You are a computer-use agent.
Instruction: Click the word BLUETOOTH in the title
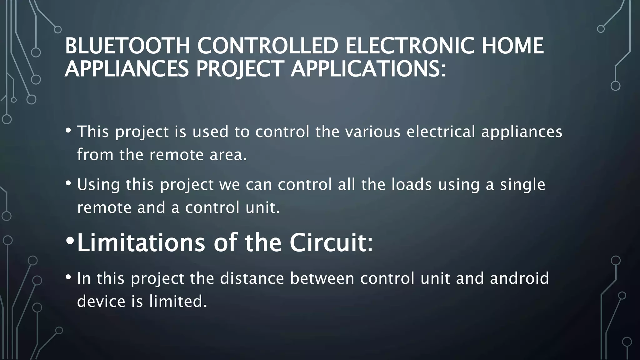click(127, 46)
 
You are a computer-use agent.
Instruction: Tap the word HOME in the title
click(513, 46)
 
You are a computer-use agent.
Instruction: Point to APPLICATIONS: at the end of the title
click(368, 69)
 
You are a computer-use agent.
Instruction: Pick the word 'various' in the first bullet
click(372, 131)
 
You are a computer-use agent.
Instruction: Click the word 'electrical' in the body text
click(441, 131)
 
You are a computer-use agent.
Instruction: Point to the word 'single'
click(522, 185)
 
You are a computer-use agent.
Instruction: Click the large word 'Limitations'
click(141, 242)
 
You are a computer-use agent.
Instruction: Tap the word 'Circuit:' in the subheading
click(331, 242)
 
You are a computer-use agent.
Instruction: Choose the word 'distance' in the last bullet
click(252, 278)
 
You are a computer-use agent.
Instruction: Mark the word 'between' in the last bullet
click(322, 278)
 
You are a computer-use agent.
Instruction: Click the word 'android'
click(519, 278)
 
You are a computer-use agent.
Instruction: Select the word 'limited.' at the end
click(178, 301)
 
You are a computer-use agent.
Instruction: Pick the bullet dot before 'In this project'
click(68, 277)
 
